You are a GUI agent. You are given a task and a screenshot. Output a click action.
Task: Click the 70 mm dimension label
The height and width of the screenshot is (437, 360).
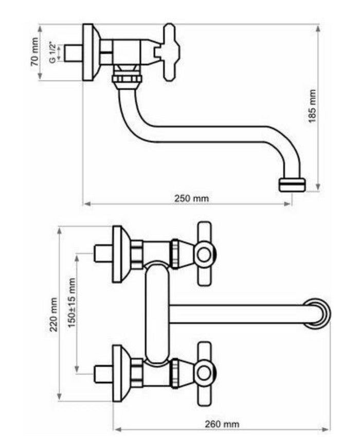34,53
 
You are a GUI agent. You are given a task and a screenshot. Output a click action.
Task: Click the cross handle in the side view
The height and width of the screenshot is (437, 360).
170,52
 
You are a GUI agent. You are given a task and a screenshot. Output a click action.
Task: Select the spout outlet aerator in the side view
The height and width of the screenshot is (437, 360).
292,184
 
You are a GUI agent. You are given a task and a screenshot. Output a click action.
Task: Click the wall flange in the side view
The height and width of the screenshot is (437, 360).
91,52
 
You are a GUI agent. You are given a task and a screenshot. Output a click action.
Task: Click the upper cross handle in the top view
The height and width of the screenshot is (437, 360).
204,253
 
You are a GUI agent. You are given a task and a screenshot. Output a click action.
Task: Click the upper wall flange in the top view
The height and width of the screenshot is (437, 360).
119,254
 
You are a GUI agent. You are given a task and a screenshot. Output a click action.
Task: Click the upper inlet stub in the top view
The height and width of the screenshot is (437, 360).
102,253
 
